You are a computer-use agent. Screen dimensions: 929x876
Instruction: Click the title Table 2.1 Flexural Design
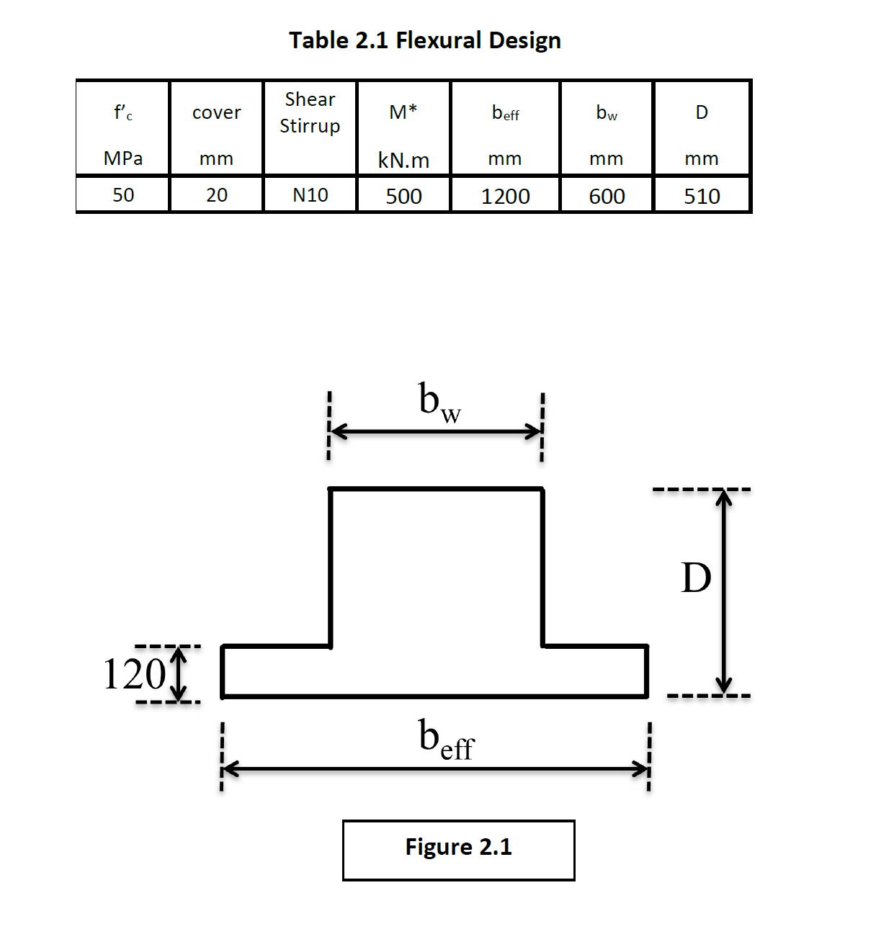click(x=425, y=40)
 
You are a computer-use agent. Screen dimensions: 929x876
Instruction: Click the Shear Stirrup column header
click(x=310, y=112)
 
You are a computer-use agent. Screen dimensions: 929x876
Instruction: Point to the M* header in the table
click(x=403, y=112)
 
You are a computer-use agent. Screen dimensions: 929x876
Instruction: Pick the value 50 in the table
click(x=123, y=195)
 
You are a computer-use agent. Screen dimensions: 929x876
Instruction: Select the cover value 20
click(x=216, y=195)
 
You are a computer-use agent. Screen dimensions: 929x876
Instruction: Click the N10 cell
click(x=310, y=195)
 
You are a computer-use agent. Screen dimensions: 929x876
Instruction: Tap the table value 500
click(x=403, y=196)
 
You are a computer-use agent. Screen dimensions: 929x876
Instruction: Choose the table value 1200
click(x=505, y=196)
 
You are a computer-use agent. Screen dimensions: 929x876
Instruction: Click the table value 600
click(x=607, y=196)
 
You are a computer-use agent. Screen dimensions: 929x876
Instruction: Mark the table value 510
click(x=702, y=196)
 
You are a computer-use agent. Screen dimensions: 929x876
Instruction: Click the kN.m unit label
click(x=403, y=161)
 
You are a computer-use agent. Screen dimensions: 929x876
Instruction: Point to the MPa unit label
click(x=123, y=158)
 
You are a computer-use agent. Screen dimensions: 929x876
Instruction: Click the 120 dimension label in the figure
click(x=134, y=674)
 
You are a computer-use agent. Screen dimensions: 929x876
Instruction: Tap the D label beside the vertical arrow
click(x=696, y=578)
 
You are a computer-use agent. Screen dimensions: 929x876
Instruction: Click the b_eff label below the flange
click(x=446, y=740)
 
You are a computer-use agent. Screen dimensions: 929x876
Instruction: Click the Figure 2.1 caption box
click(x=458, y=850)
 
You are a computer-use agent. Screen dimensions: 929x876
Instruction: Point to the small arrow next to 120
click(x=179, y=674)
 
